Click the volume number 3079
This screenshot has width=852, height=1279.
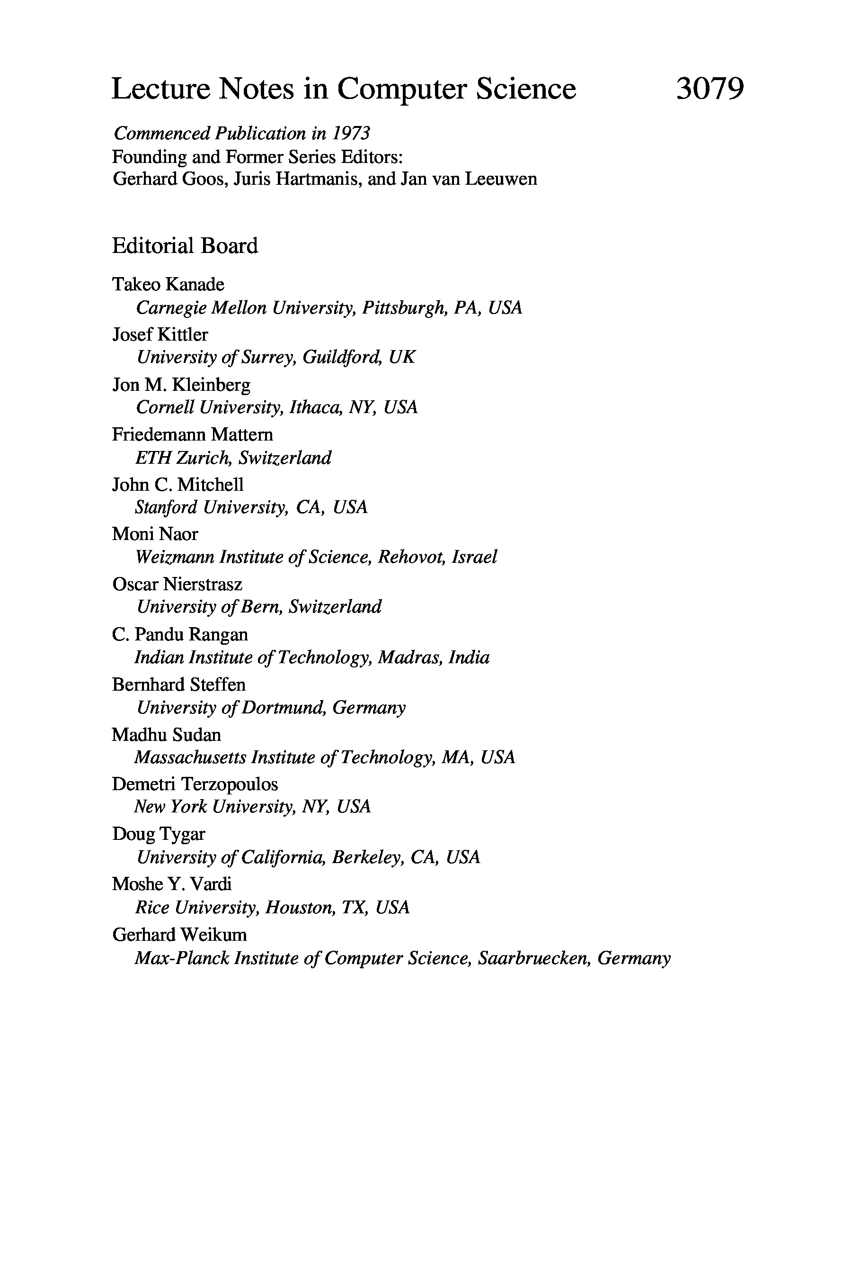tap(710, 89)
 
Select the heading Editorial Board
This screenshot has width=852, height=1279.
tap(185, 246)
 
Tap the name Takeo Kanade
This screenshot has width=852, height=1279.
tap(168, 284)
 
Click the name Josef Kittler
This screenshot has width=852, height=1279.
tap(160, 334)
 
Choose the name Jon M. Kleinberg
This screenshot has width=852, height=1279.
tap(181, 385)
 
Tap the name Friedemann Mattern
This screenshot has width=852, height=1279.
tap(192, 434)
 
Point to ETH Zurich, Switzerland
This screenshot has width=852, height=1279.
tap(233, 458)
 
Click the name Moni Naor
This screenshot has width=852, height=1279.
tap(155, 534)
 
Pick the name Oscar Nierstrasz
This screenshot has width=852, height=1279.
tap(177, 584)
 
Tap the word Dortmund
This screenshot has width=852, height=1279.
tap(284, 707)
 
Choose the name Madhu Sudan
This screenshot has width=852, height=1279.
tap(166, 735)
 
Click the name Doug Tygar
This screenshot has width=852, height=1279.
tap(159, 834)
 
